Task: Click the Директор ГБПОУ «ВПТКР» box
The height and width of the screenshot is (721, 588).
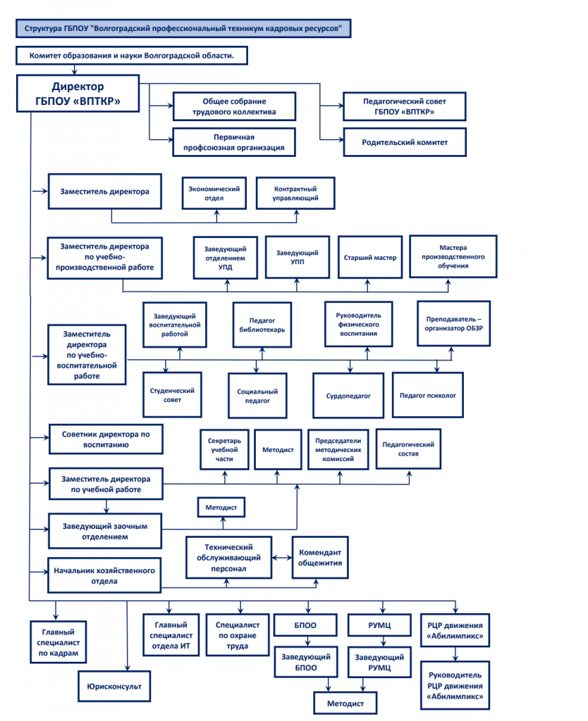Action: [x=78, y=94]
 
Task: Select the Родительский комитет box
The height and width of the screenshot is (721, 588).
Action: [x=404, y=142]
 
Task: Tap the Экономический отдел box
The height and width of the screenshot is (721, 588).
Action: [x=214, y=193]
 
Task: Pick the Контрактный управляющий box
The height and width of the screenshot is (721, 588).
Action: [x=295, y=193]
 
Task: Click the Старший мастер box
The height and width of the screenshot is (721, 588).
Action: [x=369, y=257]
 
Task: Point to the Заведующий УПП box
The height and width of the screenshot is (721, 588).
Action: [x=298, y=257]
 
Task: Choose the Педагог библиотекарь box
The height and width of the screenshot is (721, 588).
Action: [x=262, y=325]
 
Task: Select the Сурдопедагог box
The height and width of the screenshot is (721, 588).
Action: [x=348, y=396]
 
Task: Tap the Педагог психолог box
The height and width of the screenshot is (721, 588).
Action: [x=428, y=395]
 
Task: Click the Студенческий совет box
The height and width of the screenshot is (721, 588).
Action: [x=172, y=395]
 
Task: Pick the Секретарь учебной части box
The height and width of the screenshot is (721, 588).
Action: [x=224, y=449]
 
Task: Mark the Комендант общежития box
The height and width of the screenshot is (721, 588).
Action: [x=320, y=558]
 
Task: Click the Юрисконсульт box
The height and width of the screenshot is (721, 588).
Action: [x=114, y=686]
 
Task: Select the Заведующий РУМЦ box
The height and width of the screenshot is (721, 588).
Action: [x=379, y=662]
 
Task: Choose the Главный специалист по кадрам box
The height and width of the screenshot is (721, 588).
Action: [x=58, y=642]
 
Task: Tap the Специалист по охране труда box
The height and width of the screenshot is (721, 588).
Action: [x=238, y=635]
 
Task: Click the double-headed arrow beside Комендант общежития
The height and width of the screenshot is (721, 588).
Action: [x=282, y=558]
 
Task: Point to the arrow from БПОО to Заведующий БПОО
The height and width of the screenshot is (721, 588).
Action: [x=307, y=641]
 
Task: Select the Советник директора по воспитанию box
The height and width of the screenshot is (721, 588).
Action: [x=106, y=439]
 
